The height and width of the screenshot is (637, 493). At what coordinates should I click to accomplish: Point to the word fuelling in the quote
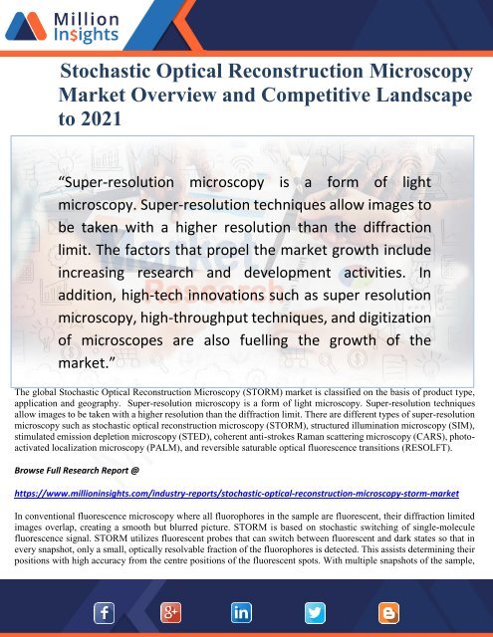(280, 340)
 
